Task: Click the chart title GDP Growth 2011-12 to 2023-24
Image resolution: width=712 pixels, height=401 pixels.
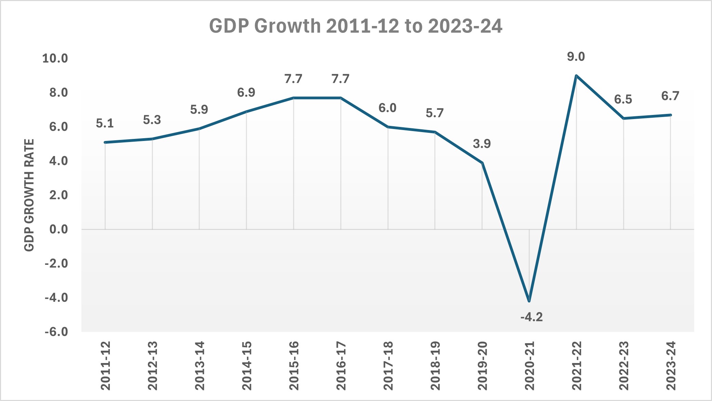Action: (356, 26)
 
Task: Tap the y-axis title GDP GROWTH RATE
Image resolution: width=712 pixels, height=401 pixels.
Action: (29, 195)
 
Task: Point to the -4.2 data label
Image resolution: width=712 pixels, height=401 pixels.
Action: (531, 317)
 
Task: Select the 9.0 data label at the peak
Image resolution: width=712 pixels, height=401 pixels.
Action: (576, 57)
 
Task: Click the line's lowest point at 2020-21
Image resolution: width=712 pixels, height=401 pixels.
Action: (529, 301)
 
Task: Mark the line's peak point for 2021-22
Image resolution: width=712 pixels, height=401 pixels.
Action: (576, 76)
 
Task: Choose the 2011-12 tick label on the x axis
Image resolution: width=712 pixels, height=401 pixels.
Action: (105, 365)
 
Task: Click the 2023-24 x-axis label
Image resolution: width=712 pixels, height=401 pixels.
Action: (671, 365)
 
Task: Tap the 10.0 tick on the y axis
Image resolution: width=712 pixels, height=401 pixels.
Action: (55, 59)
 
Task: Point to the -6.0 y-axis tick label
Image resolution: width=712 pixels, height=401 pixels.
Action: (56, 332)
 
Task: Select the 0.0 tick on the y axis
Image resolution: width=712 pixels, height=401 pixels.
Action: (58, 229)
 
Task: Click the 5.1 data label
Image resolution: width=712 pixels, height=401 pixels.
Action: (105, 123)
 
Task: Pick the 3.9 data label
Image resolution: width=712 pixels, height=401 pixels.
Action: (482, 144)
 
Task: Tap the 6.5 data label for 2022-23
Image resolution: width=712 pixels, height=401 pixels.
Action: (623, 100)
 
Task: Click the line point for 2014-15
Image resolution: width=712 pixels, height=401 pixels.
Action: (247, 112)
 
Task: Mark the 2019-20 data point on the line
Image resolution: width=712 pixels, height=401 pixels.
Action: (482, 163)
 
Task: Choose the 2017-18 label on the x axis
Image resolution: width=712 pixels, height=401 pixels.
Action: (388, 365)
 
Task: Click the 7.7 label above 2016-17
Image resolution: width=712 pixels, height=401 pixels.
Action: (341, 79)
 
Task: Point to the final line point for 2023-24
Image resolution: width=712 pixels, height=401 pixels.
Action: (671, 115)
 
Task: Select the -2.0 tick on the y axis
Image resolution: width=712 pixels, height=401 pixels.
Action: (56, 263)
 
